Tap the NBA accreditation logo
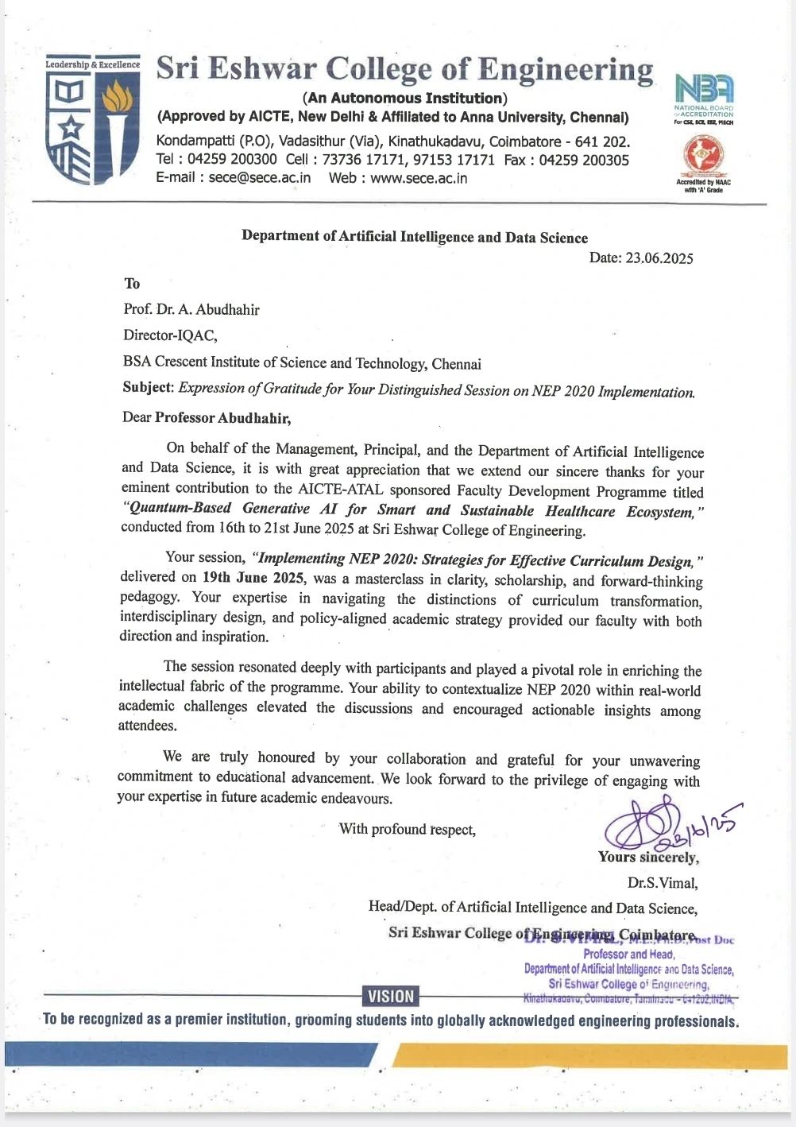[703, 89]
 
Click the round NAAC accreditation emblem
[703, 156]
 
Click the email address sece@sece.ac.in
[260, 177]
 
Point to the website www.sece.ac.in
[419, 178]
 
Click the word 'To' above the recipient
[132, 284]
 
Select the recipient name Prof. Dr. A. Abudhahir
[191, 309]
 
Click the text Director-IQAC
[170, 335]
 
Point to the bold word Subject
[148, 388]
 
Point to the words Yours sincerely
[648, 858]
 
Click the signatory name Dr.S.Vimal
[663, 882]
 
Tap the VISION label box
[391, 996]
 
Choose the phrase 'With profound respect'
[408, 829]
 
